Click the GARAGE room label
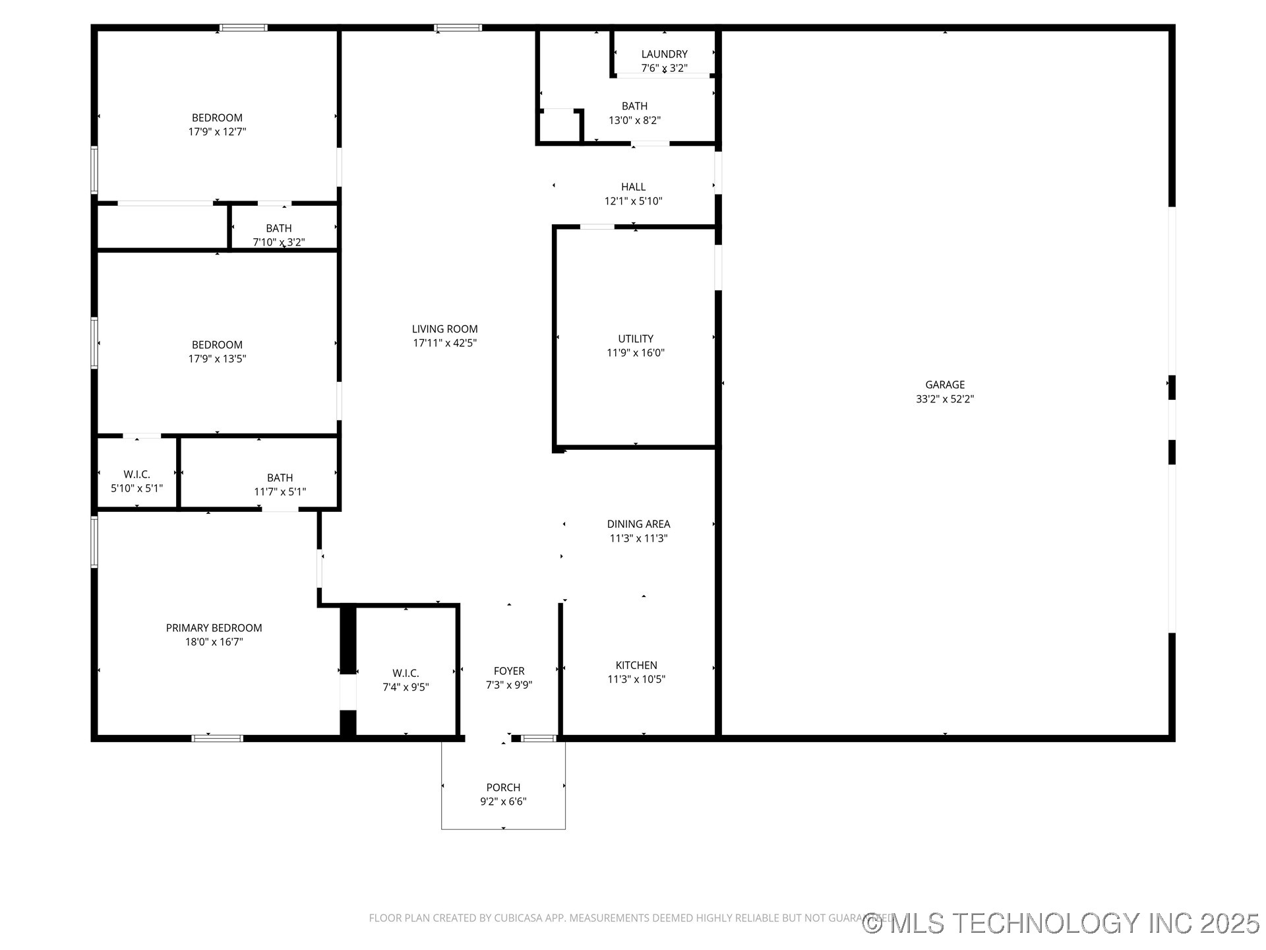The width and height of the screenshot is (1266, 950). click(x=944, y=385)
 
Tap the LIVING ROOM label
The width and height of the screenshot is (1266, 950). click(x=444, y=329)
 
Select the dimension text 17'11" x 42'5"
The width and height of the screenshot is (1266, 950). click(x=444, y=343)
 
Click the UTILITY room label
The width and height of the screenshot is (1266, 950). click(x=635, y=338)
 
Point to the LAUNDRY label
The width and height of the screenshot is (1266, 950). click(x=664, y=54)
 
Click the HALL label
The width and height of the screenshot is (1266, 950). click(x=633, y=187)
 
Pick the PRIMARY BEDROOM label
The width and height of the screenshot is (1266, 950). click(x=214, y=627)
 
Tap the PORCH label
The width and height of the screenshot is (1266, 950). click(x=503, y=787)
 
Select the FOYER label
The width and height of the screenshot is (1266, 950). click(x=508, y=671)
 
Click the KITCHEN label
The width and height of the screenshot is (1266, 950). click(x=636, y=665)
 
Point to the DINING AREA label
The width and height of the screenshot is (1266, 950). click(x=638, y=524)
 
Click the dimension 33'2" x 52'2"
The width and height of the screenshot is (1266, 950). click(x=944, y=399)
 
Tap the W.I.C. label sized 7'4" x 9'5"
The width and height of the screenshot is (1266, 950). click(x=406, y=673)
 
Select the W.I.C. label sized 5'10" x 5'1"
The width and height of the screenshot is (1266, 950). click(x=136, y=474)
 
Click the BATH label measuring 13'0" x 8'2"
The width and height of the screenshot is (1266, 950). click(x=634, y=106)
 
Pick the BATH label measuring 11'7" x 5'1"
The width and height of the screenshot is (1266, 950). click(x=280, y=478)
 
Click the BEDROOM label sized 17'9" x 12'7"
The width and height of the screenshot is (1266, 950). click(x=217, y=117)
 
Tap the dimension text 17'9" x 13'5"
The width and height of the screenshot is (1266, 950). click(x=217, y=359)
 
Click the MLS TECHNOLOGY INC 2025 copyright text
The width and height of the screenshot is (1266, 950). click(x=1061, y=923)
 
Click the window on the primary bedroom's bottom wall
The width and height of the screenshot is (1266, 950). click(x=217, y=738)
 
